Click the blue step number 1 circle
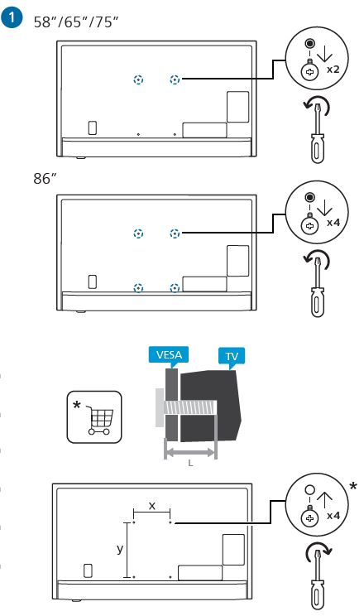[12, 18]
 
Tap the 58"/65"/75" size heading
[76, 22]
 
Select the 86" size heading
[45, 178]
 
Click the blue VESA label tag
[169, 355]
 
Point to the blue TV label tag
[232, 357]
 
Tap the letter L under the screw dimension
[190, 463]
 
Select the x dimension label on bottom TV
[152, 506]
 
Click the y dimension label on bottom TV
[120, 549]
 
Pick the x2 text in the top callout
[333, 70]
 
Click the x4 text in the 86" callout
[333, 223]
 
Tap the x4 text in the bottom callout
[333, 515]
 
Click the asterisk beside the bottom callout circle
[353, 486]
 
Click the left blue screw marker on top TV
[138, 79]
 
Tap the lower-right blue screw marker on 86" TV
[175, 288]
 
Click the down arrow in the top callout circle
[324, 54]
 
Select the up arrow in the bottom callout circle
[324, 501]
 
